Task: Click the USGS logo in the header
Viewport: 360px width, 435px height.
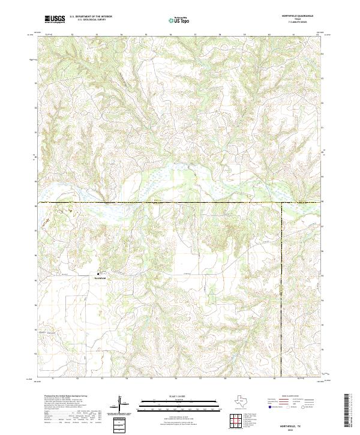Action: [55, 20]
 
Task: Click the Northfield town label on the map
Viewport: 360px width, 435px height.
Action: [100, 277]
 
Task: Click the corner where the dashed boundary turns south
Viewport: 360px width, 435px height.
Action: [281, 203]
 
